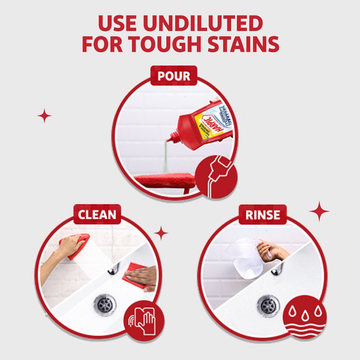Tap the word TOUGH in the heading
click(x=173, y=44)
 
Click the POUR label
click(x=174, y=76)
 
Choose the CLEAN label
click(x=97, y=215)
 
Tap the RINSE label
click(x=262, y=215)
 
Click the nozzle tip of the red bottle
click(x=170, y=136)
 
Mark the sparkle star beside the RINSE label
click(x=319, y=211)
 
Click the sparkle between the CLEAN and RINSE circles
click(x=161, y=232)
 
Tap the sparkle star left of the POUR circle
click(x=44, y=116)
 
